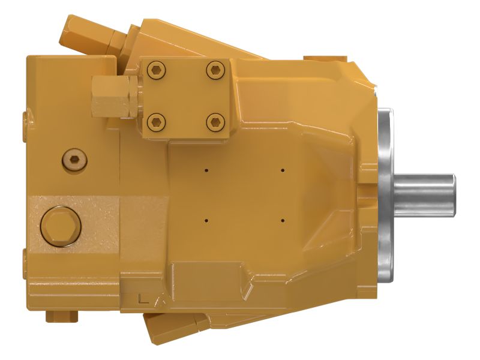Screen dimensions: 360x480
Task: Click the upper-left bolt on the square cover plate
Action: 157,71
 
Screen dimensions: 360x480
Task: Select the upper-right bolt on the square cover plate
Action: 214,71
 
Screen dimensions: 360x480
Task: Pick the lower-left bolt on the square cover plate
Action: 157,123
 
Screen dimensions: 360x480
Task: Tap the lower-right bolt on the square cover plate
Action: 214,123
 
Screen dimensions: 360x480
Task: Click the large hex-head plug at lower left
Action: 60,226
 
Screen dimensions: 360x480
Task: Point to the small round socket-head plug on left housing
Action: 74,159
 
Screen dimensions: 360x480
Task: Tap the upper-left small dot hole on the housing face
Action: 206,170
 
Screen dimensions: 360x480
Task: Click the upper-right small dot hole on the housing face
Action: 282,170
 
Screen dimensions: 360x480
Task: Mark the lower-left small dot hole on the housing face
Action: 206,220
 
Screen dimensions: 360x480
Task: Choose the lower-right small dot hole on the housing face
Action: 282,220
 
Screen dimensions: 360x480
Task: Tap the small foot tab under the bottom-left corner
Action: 63,315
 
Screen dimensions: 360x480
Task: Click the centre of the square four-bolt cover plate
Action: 185,97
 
